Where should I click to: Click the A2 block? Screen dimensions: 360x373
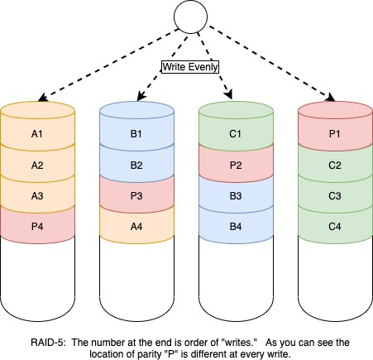click(37, 164)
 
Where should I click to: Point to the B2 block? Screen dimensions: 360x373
click(136, 164)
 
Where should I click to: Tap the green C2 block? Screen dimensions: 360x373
click(335, 164)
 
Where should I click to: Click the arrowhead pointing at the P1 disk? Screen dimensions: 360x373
click(331, 98)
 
